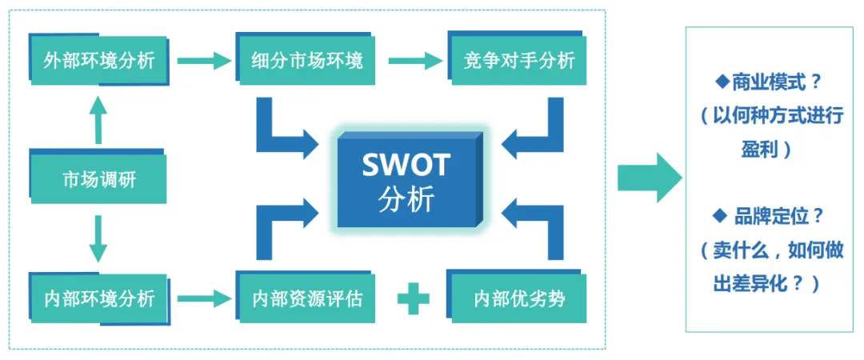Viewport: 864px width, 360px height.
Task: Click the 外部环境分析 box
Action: pyautogui.click(x=98, y=60)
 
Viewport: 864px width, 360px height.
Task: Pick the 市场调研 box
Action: pyautogui.click(x=98, y=179)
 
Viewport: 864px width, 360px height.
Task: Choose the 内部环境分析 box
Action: pyautogui.click(x=98, y=299)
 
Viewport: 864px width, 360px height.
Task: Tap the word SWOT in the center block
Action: pyautogui.click(x=406, y=165)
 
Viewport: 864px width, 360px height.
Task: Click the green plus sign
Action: pyautogui.click(x=413, y=299)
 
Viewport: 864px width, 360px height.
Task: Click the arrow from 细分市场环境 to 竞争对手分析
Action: pyautogui.click(x=414, y=60)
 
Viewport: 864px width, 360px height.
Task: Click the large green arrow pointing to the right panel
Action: pyautogui.click(x=648, y=177)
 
